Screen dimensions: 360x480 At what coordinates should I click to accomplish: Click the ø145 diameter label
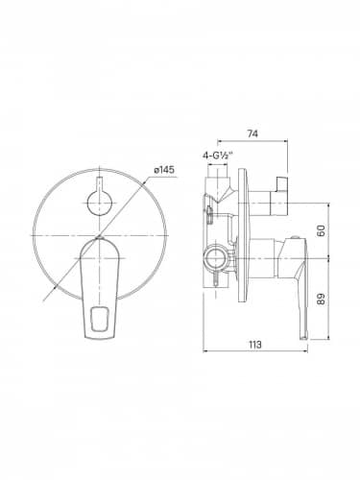[164, 170]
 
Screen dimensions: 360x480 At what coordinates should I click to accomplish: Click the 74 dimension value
[252, 133]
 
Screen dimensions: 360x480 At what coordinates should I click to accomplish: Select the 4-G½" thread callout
[218, 156]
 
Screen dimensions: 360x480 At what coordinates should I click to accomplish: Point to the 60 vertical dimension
[322, 230]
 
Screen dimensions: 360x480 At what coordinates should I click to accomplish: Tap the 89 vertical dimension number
[322, 299]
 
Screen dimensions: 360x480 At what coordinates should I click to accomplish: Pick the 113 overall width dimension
[255, 345]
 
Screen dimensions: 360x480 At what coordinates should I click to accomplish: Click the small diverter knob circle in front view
[100, 204]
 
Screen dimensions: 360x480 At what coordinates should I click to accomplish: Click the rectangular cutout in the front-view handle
[99, 319]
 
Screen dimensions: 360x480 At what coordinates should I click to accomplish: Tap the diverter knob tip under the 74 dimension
[282, 183]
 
